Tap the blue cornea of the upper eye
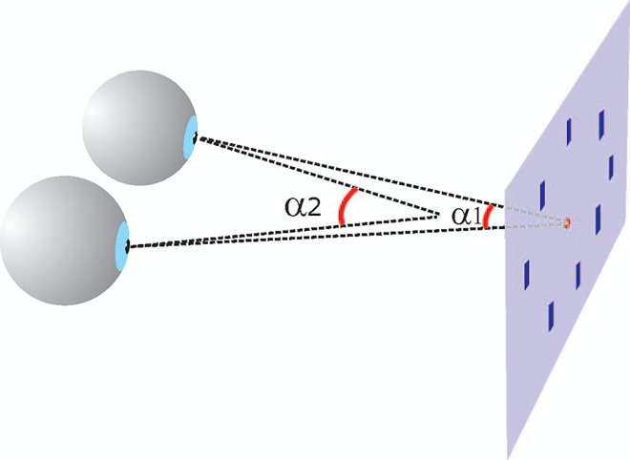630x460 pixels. pyautogui.click(x=192, y=136)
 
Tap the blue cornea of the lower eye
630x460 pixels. pyautogui.click(x=122, y=245)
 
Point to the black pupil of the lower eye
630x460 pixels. pyautogui.click(x=127, y=246)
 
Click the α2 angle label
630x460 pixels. pyautogui.click(x=304, y=208)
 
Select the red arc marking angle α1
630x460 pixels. pyautogui.click(x=488, y=218)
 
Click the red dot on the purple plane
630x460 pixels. pyautogui.click(x=566, y=223)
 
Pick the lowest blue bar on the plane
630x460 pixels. pyautogui.click(x=552, y=314)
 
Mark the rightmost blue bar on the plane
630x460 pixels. pyautogui.click(x=611, y=166)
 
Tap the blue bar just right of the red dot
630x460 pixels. pyautogui.click(x=598, y=219)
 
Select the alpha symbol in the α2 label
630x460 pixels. pyautogui.click(x=295, y=209)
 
